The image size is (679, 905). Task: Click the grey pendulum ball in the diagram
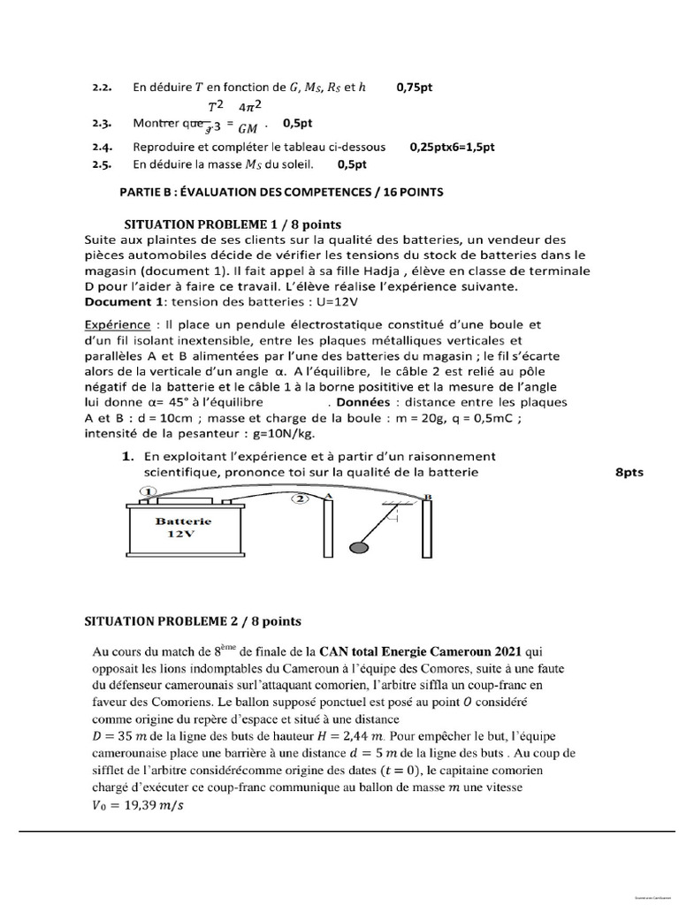pos(360,547)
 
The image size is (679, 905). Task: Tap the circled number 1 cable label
pos(149,491)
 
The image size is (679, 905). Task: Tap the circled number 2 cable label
pos(301,498)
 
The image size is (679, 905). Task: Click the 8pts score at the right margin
pos(629,473)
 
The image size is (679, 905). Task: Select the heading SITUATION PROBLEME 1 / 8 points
pos(233,224)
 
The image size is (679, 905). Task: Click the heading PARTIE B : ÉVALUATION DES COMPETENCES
pos(280,191)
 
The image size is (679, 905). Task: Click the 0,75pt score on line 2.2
pos(419,87)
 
